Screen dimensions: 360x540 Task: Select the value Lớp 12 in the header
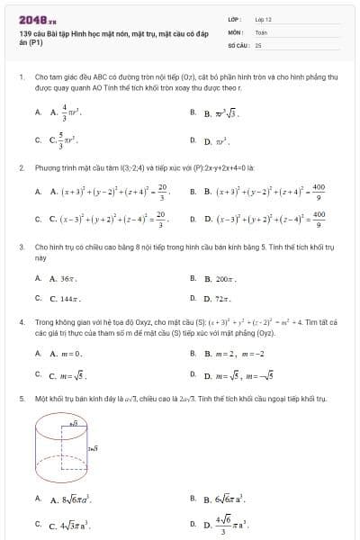[x=263, y=18]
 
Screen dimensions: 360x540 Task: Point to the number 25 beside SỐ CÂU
[x=258, y=43]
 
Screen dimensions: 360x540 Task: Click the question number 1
[x=21, y=78]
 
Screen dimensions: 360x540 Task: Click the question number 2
[x=21, y=167]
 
